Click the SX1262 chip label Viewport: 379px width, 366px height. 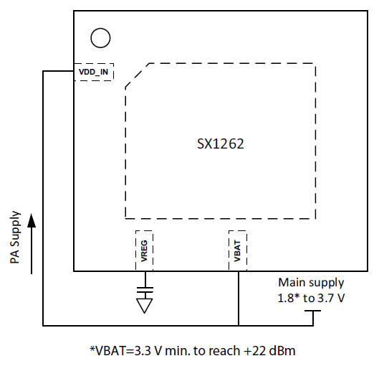coord(221,144)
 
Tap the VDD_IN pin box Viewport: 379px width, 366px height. coord(94,72)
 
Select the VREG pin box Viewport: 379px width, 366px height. coord(144,250)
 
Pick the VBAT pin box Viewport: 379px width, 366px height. coord(238,250)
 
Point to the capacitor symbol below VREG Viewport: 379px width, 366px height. coord(145,290)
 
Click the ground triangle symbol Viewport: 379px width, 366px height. coord(145,306)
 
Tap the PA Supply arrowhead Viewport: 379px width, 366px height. coord(32,220)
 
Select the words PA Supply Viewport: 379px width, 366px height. coord(15,238)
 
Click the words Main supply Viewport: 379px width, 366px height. coord(311,283)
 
